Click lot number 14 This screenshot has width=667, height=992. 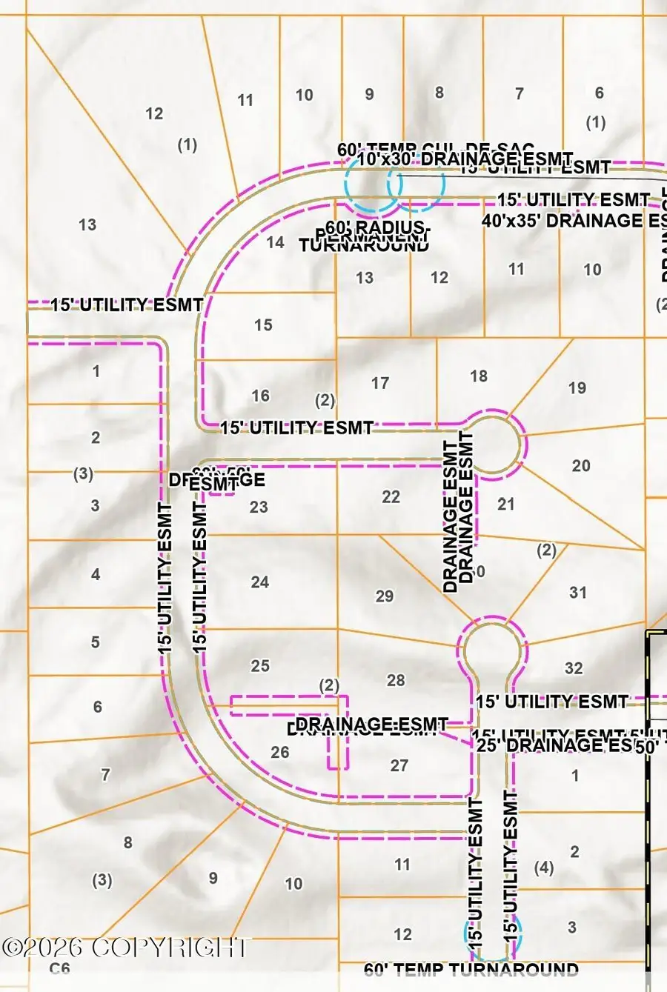[x=276, y=242]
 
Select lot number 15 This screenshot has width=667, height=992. [x=263, y=324]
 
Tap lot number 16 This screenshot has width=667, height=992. [x=260, y=396]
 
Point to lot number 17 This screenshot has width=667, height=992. [x=380, y=383]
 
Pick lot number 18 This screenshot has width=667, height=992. [x=479, y=376]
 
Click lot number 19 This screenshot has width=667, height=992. [x=577, y=387]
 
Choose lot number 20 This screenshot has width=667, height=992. [x=581, y=465]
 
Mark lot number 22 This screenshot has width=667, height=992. [x=391, y=496]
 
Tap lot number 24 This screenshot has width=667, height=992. [x=259, y=582]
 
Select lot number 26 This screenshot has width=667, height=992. [x=280, y=752]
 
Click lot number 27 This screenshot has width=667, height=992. [x=399, y=765]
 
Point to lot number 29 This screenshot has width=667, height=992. [x=385, y=596]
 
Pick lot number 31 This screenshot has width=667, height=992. [x=578, y=592]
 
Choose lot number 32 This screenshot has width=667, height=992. [x=574, y=668]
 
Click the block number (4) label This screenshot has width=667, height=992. [x=544, y=867]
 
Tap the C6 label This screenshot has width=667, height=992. [x=59, y=968]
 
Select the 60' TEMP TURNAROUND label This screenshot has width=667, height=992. [x=471, y=969]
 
